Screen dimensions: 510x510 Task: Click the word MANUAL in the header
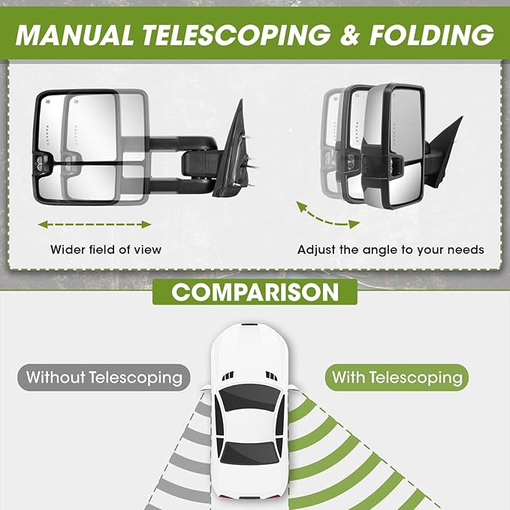(x=74, y=35)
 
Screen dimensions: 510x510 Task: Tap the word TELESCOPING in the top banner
(x=237, y=35)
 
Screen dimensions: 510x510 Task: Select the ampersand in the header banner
(x=350, y=35)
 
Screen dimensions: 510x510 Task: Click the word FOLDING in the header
(x=432, y=35)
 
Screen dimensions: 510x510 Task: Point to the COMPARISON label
(x=255, y=291)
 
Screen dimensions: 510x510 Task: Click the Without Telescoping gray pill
(x=104, y=377)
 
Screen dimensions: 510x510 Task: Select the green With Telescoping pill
(x=397, y=377)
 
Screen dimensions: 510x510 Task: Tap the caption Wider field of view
(x=106, y=249)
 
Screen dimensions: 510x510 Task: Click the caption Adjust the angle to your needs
(x=391, y=250)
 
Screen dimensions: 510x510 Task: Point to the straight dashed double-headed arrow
(x=95, y=225)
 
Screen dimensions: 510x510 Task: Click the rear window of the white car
(x=250, y=453)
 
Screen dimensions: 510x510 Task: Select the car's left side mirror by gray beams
(x=206, y=388)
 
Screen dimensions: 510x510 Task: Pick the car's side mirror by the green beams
(x=292, y=388)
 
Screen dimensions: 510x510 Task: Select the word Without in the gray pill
(x=56, y=377)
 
